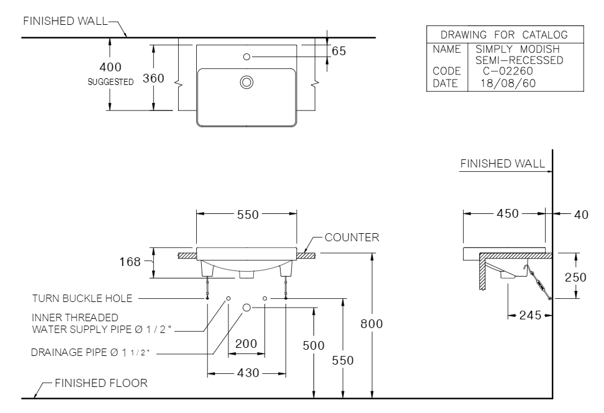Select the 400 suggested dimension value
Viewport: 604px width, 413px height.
[110, 67]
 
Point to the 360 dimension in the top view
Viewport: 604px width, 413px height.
[153, 78]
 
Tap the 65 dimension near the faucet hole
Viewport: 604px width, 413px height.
[339, 51]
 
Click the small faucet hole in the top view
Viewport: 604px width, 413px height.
[246, 56]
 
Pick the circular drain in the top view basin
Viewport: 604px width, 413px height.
[246, 81]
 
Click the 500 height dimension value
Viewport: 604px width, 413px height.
[314, 345]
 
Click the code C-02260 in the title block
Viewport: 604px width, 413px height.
[507, 71]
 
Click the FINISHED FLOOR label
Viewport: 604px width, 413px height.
[101, 383]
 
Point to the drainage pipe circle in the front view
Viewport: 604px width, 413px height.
[246, 307]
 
